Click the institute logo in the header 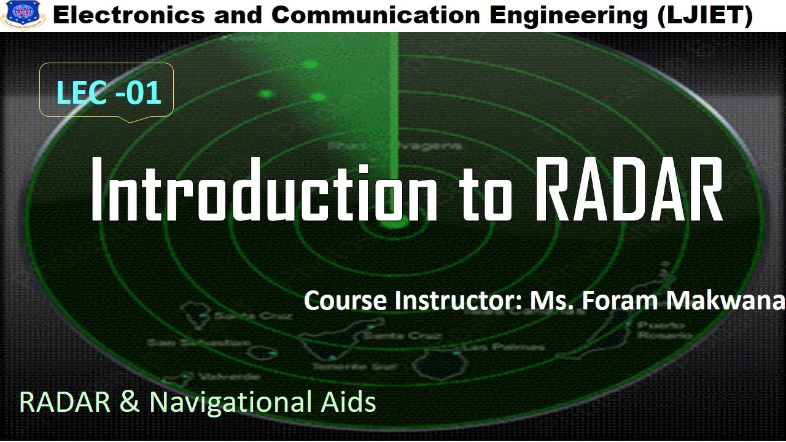pyautogui.click(x=23, y=14)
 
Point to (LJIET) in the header pyautogui.click(x=705, y=15)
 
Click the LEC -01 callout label pyautogui.click(x=108, y=93)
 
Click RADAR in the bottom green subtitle pyautogui.click(x=64, y=402)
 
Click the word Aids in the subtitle pyautogui.click(x=347, y=402)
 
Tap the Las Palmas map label pyautogui.click(x=504, y=347)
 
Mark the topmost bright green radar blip pyautogui.click(x=311, y=64)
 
